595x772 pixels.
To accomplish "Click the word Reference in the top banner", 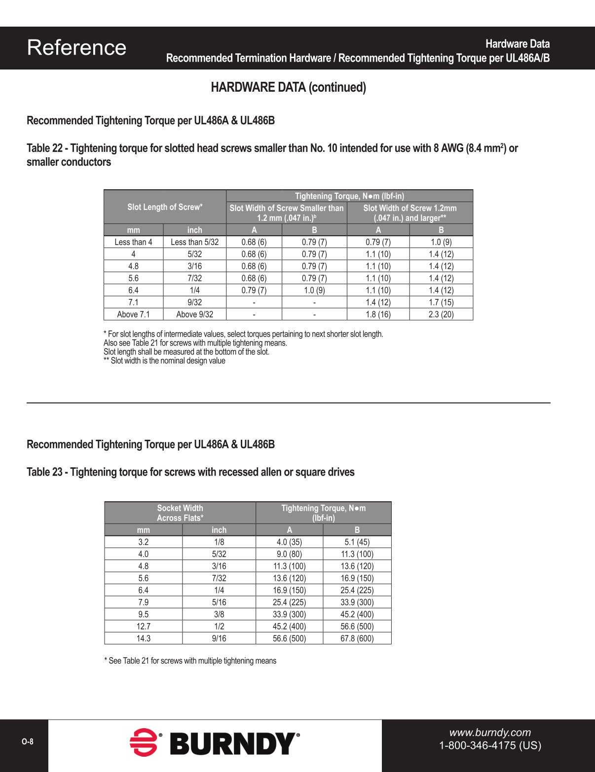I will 76,48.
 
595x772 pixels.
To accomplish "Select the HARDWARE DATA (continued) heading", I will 288,87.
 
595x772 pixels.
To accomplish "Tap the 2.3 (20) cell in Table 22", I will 441,315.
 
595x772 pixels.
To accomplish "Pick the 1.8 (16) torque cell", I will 378,315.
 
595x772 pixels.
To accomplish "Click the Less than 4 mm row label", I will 133,242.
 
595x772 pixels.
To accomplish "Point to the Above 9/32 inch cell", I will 194,315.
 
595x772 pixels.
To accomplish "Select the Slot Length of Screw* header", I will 165,207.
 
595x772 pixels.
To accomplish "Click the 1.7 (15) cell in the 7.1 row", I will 441,302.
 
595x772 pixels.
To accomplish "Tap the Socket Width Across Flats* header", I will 180,513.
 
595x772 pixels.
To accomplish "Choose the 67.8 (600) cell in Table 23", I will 357,638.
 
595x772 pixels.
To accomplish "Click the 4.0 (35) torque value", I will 289,542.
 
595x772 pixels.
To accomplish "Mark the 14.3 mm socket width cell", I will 143,638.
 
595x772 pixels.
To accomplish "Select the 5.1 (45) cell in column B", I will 357,542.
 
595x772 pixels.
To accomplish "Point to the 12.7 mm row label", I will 143,626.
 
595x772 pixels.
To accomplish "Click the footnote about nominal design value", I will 164,361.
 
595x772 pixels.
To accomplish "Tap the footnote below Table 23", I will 190,661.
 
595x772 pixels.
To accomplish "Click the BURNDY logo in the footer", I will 215,743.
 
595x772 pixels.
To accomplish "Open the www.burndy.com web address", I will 490,733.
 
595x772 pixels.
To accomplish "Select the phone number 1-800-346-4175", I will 490,745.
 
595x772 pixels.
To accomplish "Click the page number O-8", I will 28,742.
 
